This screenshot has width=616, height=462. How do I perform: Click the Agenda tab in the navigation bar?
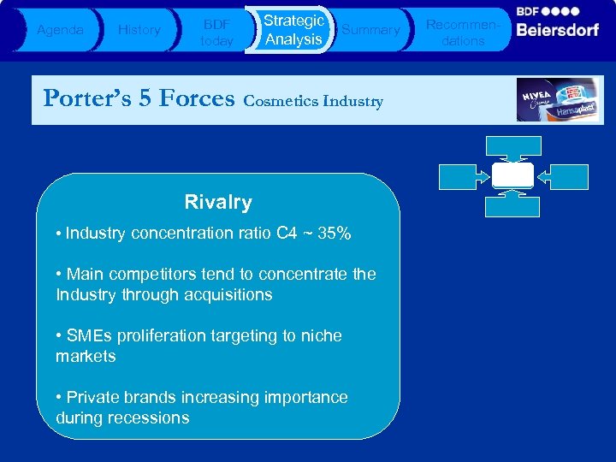point(60,30)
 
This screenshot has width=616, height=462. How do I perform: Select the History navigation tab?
point(139,30)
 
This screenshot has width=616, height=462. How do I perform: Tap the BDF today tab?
point(216,32)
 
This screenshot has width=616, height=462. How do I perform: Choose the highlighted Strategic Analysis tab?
point(293,30)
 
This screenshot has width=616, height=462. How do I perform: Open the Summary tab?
point(370,30)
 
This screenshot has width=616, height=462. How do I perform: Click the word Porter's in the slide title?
point(84,98)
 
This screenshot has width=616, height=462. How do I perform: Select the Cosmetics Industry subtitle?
point(313,102)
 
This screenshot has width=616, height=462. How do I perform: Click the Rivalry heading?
point(218,203)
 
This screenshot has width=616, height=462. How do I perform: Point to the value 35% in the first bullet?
point(333,233)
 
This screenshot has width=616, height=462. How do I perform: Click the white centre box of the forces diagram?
point(513,175)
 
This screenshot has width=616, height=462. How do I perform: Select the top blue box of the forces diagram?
point(513,146)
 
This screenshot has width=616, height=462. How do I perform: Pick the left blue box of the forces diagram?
point(464,175)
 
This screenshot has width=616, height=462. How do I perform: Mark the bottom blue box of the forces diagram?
point(513,206)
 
